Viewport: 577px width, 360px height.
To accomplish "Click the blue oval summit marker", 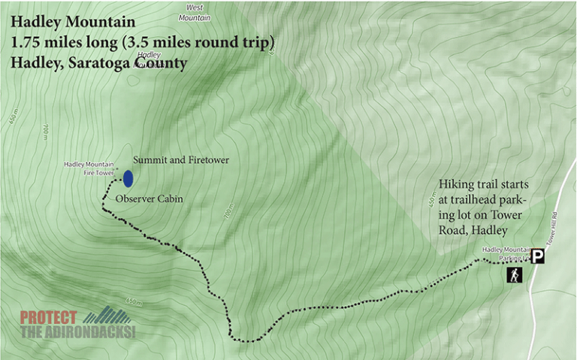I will point(128,178).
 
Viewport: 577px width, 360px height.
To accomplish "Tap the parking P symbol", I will point(538,256).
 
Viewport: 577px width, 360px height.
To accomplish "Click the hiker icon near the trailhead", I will point(515,275).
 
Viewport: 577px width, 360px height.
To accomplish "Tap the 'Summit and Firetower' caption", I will point(180,160).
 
